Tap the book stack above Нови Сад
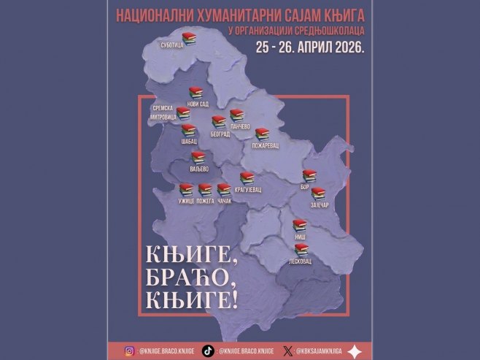click(x=195, y=93)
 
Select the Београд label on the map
click(x=220, y=134)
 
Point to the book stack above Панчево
click(x=236, y=115)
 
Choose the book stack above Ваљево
click(x=198, y=157)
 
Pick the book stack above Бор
click(x=309, y=175)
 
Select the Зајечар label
click(x=320, y=204)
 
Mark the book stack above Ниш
click(x=299, y=226)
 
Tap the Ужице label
click(x=185, y=201)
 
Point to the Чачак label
click(x=224, y=201)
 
